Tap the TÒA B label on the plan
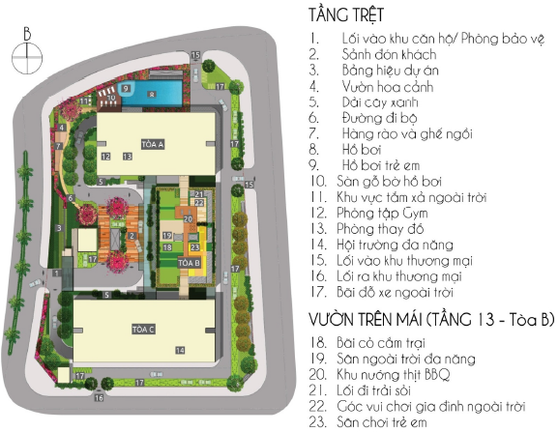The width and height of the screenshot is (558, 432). tap(190, 262)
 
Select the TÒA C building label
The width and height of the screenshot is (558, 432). tap(144, 330)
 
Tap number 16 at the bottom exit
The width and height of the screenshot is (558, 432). tap(98, 397)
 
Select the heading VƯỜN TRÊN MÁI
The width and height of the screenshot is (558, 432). tap(421, 319)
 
